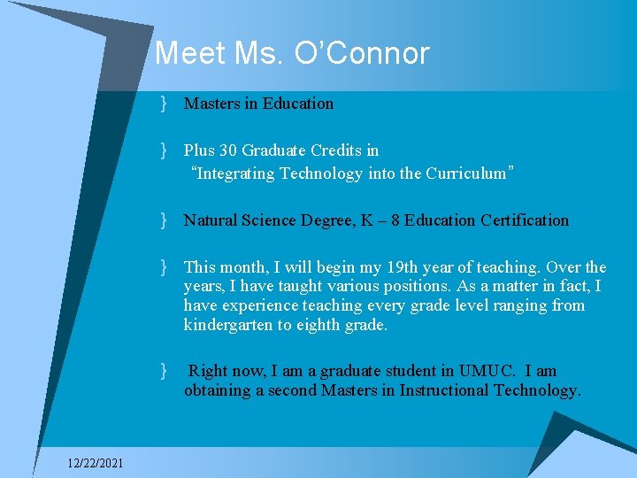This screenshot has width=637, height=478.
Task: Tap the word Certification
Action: pyautogui.click(x=525, y=220)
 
